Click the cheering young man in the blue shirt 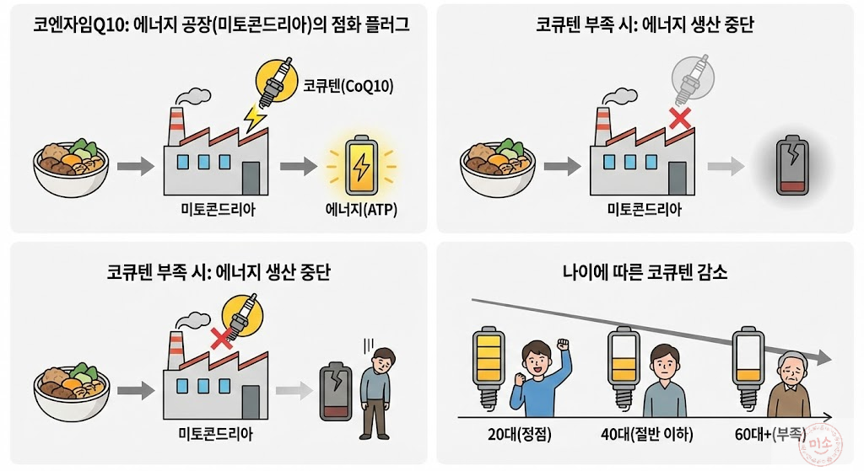[x=539, y=374]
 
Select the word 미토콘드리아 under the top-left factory [x=219, y=210]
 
